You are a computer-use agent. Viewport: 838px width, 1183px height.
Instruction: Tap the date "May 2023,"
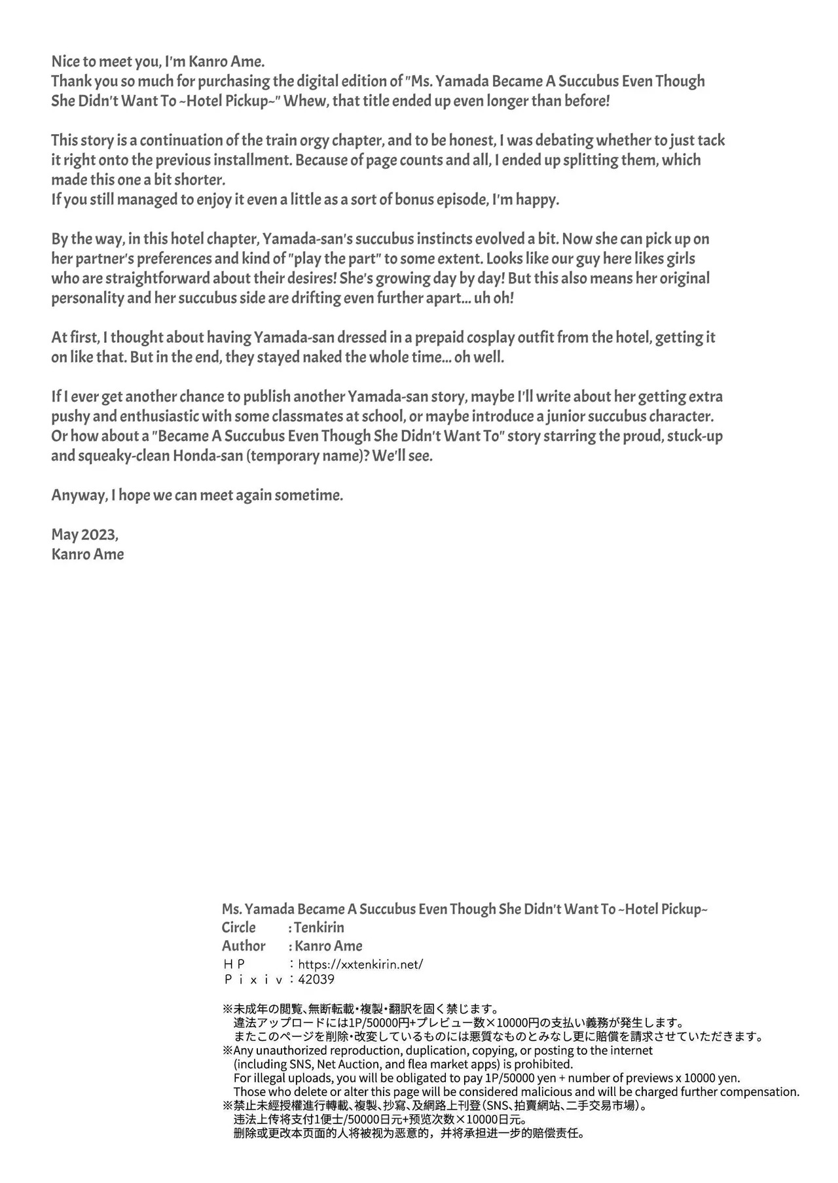pos(85,535)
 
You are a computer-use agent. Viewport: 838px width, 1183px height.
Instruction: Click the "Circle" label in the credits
pos(239,927)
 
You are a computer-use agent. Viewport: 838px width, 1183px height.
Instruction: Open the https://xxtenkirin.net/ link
pos(360,964)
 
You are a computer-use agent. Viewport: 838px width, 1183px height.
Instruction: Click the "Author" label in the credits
pos(244,945)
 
